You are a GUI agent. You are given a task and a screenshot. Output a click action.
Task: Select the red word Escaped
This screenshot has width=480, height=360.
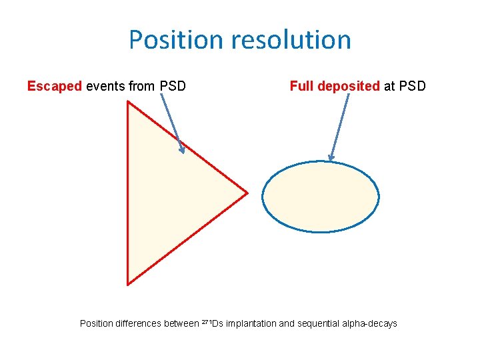(55, 86)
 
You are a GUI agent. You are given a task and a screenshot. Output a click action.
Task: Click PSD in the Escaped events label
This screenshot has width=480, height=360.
(173, 86)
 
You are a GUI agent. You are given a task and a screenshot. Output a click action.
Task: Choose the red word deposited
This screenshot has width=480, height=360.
(349, 86)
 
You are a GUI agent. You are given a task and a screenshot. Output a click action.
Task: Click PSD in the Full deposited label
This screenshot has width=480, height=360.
(412, 86)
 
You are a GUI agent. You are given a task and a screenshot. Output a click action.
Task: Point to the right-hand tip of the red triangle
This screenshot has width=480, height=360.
(247, 193)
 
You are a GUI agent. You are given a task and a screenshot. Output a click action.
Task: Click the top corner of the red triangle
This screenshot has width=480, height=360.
(128, 102)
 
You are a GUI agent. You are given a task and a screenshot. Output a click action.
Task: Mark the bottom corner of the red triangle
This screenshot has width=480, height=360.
(128, 284)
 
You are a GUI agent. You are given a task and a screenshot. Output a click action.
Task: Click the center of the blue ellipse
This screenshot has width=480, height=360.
(321, 197)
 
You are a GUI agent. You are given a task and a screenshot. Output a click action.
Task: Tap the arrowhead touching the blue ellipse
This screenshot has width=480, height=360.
(331, 157)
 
